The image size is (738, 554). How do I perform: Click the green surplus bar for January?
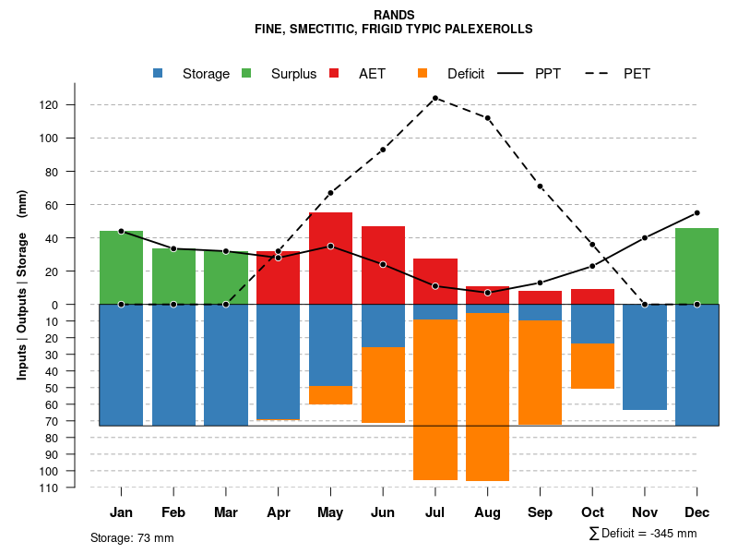121,268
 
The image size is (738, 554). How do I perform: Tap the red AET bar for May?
330,259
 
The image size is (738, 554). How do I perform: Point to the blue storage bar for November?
645,356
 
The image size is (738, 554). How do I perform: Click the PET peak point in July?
435,98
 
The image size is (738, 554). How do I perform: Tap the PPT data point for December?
696,213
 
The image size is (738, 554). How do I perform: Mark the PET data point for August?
487,118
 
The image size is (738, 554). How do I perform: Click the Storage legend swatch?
159,73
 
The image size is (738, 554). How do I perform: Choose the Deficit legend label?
466,74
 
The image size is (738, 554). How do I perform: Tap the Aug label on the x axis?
487,512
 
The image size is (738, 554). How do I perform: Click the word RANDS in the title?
394,16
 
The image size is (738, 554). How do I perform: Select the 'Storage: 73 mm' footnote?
132,537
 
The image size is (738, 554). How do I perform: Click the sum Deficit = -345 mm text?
642,534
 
